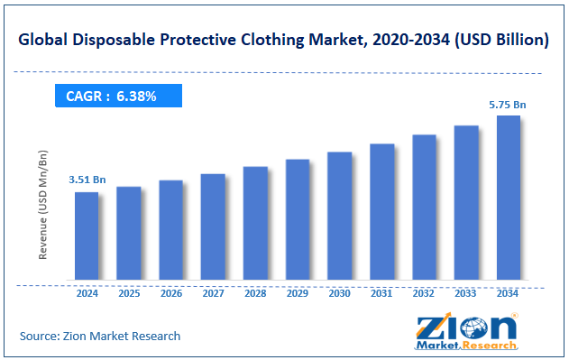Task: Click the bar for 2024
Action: [x=87, y=235]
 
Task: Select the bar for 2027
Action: [x=213, y=226]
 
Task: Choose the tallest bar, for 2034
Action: [x=509, y=198]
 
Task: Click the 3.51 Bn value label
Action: [x=87, y=180]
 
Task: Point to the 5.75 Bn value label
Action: [x=508, y=105]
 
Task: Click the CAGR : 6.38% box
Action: [x=118, y=96]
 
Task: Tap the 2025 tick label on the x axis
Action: [x=128, y=293]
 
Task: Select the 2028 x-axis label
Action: [x=255, y=293]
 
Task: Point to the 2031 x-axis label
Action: [x=381, y=293]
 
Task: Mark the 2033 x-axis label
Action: [x=465, y=293]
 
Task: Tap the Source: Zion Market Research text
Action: [x=100, y=336]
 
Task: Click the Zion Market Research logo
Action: [x=465, y=331]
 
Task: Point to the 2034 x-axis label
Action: [x=508, y=293]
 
